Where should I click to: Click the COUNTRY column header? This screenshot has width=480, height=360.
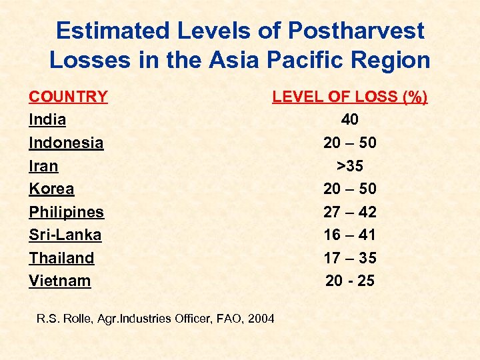click(x=68, y=97)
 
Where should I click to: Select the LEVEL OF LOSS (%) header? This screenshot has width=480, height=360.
click(x=349, y=97)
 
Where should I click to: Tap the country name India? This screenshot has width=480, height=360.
click(x=47, y=120)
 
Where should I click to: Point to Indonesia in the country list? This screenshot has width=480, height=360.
click(x=66, y=143)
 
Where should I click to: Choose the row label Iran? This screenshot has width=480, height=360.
click(x=43, y=166)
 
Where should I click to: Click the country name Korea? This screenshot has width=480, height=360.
click(x=51, y=189)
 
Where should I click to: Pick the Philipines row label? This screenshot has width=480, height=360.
click(x=66, y=212)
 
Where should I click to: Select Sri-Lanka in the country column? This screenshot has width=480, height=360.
click(x=65, y=235)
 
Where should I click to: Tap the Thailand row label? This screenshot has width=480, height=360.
click(x=61, y=258)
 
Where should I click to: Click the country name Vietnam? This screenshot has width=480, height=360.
click(x=59, y=281)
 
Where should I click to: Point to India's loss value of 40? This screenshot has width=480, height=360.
click(x=349, y=120)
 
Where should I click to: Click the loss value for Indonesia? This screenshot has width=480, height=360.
click(x=349, y=143)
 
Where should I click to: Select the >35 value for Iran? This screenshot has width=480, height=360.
click(x=349, y=166)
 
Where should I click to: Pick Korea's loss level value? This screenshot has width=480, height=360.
click(x=349, y=189)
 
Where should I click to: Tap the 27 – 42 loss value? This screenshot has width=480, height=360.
click(x=349, y=212)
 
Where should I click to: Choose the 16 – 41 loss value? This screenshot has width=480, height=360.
click(x=349, y=235)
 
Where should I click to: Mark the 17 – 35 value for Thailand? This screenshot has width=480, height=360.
click(x=349, y=258)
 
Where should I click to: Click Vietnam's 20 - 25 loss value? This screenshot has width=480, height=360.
click(x=349, y=281)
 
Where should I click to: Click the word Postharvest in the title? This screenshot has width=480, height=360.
click(x=356, y=31)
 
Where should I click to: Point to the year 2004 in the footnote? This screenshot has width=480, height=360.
click(x=260, y=319)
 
